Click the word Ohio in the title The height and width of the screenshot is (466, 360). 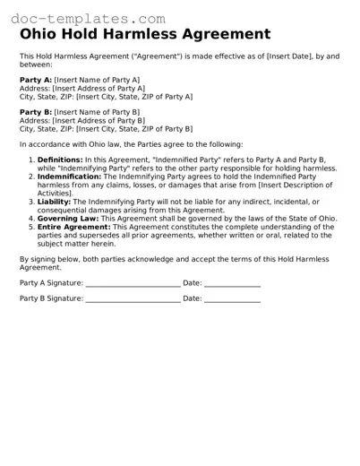[x=41, y=35]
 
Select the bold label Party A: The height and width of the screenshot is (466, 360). [x=35, y=80]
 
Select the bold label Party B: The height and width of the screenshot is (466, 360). [x=35, y=112]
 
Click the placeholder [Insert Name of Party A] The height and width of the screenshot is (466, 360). [x=96, y=80]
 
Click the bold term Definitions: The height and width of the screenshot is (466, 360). [x=59, y=159]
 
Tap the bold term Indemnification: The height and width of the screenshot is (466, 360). [x=67, y=177]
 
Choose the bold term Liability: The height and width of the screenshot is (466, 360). [x=52, y=203]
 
